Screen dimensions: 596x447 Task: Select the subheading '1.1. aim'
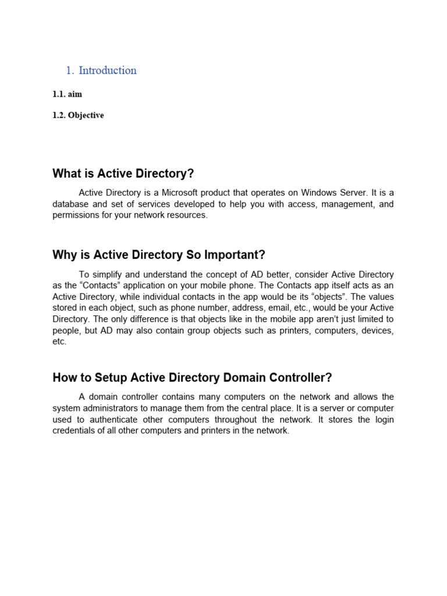tap(67, 94)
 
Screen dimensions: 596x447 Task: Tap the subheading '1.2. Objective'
tap(78, 115)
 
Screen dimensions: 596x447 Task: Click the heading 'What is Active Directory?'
tap(123, 173)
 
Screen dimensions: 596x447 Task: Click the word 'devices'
tap(375, 330)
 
